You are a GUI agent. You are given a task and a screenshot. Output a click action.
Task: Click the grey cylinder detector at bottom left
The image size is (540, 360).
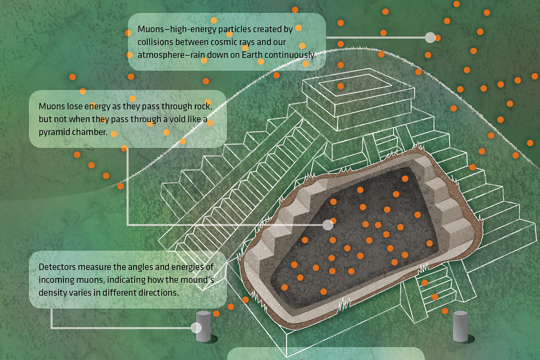pos(203,326)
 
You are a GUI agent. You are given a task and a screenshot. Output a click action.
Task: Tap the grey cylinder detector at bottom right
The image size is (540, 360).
pos(460,326)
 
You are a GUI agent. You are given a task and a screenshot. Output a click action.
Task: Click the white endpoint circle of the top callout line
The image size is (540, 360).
pos(430,38)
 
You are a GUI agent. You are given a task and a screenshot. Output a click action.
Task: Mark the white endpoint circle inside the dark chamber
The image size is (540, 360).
pos(328,224)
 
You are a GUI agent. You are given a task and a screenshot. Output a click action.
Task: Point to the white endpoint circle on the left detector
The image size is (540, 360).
pos(196,328)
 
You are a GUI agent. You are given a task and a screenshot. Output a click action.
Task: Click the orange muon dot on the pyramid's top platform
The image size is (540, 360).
pos(341,85)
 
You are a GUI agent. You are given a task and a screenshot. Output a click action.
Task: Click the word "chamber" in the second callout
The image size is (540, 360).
pos(93,133)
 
